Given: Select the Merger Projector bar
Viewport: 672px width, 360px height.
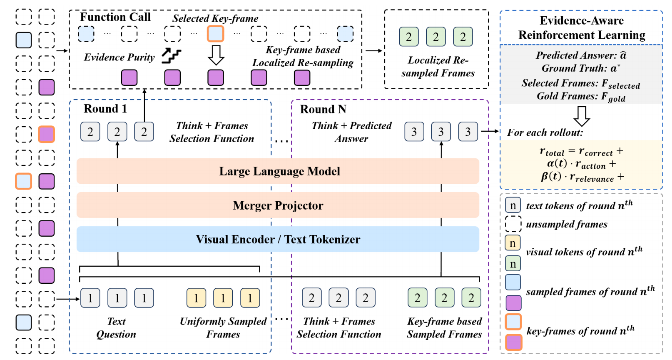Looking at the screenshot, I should pyautogui.click(x=278, y=205).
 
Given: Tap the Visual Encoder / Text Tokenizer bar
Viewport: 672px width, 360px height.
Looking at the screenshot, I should pyautogui.click(x=278, y=240).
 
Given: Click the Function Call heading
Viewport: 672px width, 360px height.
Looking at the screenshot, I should pyautogui.click(x=115, y=17).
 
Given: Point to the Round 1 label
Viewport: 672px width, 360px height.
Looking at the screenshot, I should pyautogui.click(x=105, y=109).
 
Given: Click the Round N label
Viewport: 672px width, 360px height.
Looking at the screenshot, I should pyautogui.click(x=323, y=109).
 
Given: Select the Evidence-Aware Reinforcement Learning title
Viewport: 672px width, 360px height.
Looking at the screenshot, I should pyautogui.click(x=582, y=28).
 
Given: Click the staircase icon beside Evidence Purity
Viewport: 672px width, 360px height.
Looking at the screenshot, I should pyautogui.click(x=172, y=56).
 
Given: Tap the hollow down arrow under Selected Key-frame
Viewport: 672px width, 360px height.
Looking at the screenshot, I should pyautogui.click(x=216, y=55).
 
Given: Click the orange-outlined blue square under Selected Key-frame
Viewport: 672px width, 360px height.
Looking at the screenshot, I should pyautogui.click(x=216, y=34).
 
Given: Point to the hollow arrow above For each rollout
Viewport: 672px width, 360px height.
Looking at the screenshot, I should pyautogui.click(x=582, y=116).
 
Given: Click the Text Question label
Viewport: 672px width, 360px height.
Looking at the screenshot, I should pyautogui.click(x=116, y=328).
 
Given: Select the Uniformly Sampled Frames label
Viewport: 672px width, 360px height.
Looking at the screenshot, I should pyautogui.click(x=223, y=328).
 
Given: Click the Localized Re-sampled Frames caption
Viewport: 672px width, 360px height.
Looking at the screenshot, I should pyautogui.click(x=438, y=67).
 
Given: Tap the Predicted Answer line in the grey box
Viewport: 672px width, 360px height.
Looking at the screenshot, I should pyautogui.click(x=581, y=55).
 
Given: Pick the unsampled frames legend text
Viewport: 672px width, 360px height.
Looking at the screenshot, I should pyautogui.click(x=567, y=225).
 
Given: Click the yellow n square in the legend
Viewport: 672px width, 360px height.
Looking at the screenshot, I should pyautogui.click(x=513, y=243).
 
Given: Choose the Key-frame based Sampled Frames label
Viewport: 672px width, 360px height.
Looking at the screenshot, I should pyautogui.click(x=444, y=328).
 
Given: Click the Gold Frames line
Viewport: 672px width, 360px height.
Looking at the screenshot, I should pyautogui.click(x=581, y=97).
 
